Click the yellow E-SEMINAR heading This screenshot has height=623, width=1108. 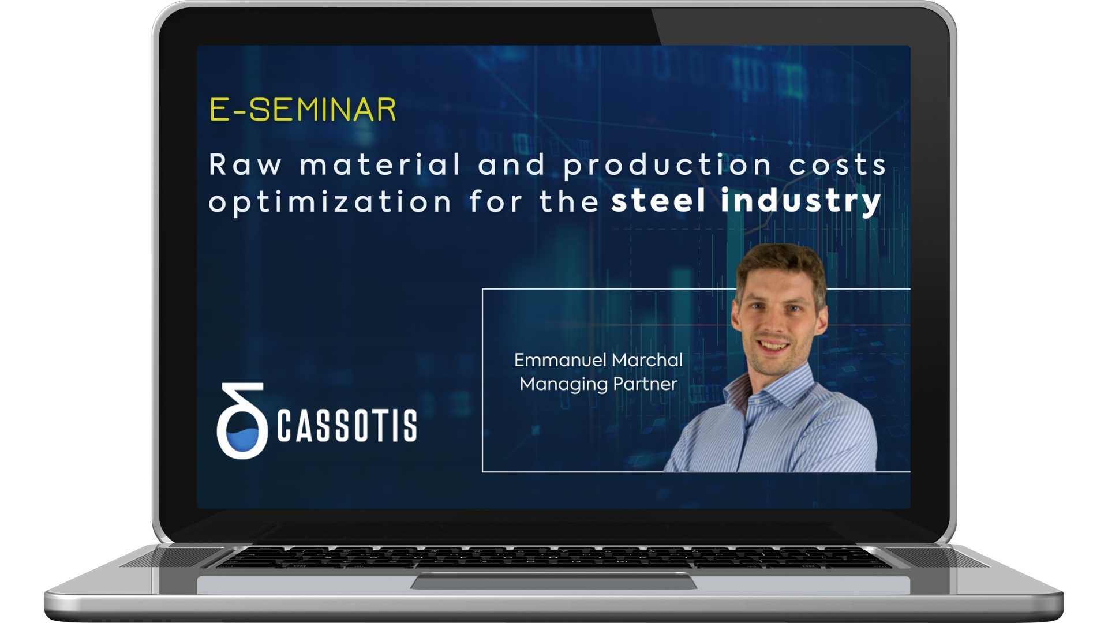pyautogui.click(x=302, y=110)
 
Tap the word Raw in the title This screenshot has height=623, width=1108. pyautogui.click(x=245, y=165)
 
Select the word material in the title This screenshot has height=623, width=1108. pyautogui.click(x=380, y=165)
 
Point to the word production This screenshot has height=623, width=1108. pyautogui.click(x=667, y=166)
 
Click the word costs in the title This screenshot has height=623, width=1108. pyautogui.click(x=837, y=165)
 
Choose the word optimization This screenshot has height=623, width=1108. pyautogui.click(x=330, y=202)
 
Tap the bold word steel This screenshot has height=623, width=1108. pyautogui.click(x=658, y=201)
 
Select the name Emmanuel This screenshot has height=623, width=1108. pyautogui.click(x=560, y=360)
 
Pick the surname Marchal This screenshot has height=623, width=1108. pyautogui.click(x=647, y=360)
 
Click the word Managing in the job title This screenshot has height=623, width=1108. pyautogui.click(x=563, y=385)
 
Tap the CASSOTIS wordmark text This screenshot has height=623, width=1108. pyautogui.click(x=347, y=426)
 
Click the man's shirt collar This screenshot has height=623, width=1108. pyautogui.click(x=744, y=392)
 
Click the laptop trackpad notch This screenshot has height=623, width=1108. pyautogui.click(x=553, y=581)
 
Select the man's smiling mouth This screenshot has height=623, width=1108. pyautogui.click(x=773, y=347)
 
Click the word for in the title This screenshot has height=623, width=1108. pyautogui.click(x=495, y=202)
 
